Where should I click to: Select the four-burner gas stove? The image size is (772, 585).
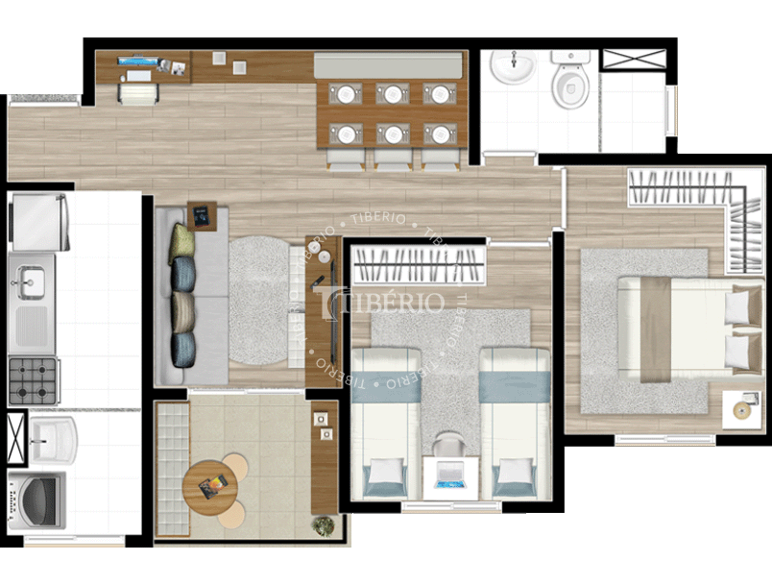click(x=34, y=379)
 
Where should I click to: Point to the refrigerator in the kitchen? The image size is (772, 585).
click(x=38, y=222)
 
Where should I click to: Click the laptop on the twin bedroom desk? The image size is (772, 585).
click(x=449, y=475)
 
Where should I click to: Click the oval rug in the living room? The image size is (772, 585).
click(x=259, y=300)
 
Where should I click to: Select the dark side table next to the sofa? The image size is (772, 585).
click(x=203, y=215)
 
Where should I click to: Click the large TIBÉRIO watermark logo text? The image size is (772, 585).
click(x=384, y=302)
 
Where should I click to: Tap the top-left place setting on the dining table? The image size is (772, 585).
click(x=346, y=94)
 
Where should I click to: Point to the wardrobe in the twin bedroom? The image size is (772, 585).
click(x=416, y=264)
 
